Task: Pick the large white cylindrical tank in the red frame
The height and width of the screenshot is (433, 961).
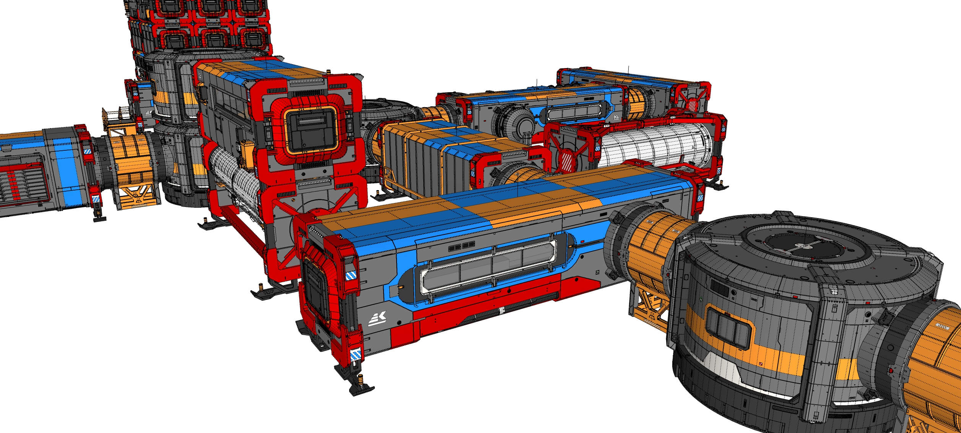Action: pyautogui.click(x=655, y=146)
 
